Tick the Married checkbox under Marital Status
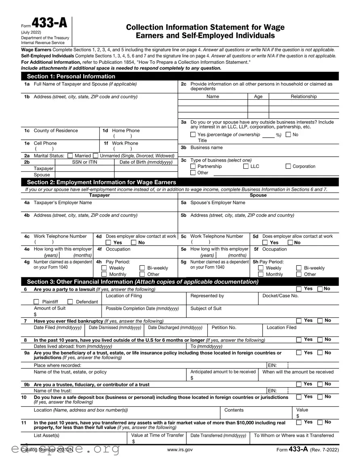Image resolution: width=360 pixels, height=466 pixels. [70, 156]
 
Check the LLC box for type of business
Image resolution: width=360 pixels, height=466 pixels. [246, 166]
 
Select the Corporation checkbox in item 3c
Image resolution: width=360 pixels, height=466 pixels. [288, 166]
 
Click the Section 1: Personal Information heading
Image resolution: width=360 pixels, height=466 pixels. [71, 76]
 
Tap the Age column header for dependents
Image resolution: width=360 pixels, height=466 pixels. [258, 97]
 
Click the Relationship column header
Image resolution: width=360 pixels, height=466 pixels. [304, 97]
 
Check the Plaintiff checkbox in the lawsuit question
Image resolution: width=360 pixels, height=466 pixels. [36, 302]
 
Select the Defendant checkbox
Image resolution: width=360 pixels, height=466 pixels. [70, 302]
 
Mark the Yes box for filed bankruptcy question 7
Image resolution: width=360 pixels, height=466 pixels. [299, 321]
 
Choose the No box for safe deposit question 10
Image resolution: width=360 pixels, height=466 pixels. [320, 397]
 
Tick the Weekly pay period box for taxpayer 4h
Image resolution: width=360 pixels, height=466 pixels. [104, 268]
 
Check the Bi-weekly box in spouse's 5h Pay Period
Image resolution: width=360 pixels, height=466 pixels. [299, 268]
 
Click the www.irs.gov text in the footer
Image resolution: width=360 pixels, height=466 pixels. [179, 449]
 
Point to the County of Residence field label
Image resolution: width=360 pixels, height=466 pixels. [56, 131]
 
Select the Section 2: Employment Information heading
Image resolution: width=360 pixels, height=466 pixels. [101, 182]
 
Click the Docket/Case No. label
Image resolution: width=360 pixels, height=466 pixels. [280, 296]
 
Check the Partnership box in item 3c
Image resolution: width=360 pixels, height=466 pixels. [193, 166]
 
